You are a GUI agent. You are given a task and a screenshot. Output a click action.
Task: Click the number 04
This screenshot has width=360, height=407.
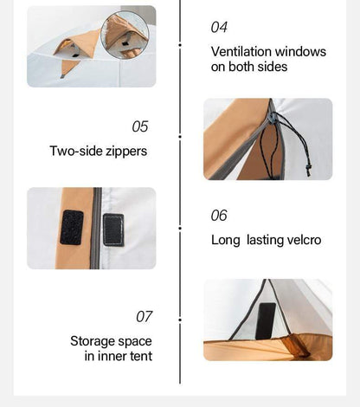coord(219,27)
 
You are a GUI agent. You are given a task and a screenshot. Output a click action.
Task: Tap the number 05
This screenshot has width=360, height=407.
coord(140,126)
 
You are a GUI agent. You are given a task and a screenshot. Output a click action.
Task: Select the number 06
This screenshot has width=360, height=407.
coord(219,216)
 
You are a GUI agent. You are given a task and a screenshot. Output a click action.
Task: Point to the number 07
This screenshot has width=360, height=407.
coord(144,317)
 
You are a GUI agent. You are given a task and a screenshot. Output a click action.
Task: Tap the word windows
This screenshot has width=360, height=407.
coord(300,52)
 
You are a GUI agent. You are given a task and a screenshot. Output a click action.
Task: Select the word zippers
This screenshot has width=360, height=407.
coord(126,152)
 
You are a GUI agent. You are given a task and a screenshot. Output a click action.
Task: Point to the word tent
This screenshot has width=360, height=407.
coord(141,356)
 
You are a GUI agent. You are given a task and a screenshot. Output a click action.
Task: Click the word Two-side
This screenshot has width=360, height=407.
coord(76,151)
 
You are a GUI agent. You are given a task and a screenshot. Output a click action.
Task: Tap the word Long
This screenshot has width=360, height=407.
coord(226,241)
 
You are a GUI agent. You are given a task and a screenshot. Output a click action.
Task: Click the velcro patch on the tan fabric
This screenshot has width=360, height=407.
coord(72,228)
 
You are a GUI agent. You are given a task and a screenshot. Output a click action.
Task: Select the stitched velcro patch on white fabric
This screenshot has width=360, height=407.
coord(113,230)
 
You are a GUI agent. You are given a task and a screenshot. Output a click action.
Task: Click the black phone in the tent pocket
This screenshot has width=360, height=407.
coord(266,321)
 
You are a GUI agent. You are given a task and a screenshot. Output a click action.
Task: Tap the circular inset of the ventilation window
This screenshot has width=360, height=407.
coord(125,35)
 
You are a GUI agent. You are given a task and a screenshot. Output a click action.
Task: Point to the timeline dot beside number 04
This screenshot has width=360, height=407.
coord(180,45)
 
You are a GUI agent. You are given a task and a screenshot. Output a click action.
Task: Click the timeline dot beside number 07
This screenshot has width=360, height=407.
coord(180,320)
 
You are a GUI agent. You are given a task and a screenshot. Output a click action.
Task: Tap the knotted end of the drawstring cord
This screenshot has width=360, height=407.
coord(308,170)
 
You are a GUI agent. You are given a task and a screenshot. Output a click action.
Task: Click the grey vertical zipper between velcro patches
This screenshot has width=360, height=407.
coord(97,228)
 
